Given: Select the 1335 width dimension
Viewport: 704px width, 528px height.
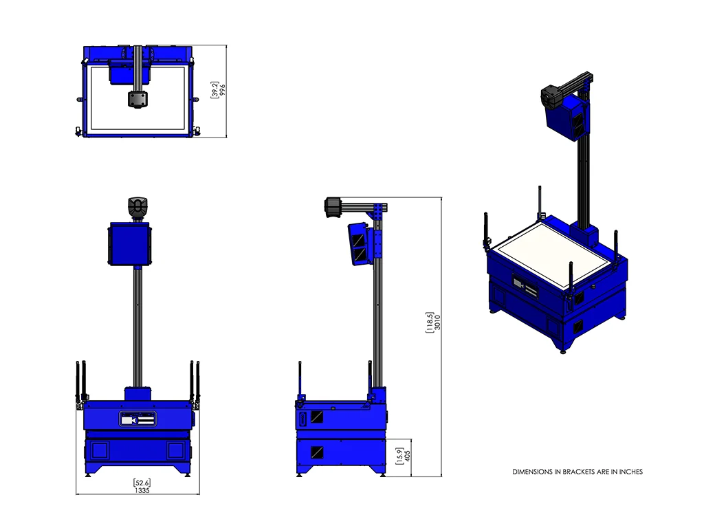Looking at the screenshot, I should pos(142,491).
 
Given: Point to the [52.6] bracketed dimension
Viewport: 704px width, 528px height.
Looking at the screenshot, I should pos(142,483).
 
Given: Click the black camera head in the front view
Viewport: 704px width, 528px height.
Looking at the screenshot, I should pos(138,208).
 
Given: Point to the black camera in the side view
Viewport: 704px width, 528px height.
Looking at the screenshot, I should pos(333,207).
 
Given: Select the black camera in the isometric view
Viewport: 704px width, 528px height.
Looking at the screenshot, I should pos(552,96).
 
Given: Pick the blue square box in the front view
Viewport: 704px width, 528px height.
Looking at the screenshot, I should pos(129,244).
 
